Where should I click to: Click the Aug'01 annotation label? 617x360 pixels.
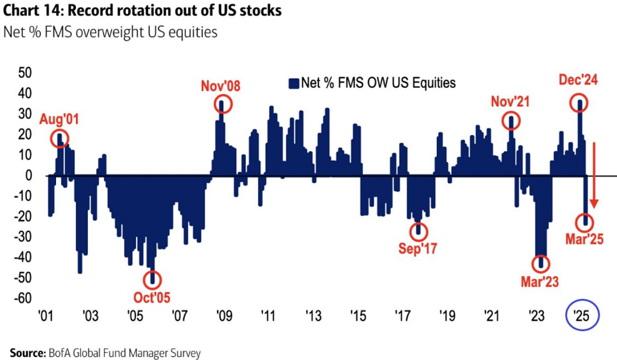click(x=60, y=118)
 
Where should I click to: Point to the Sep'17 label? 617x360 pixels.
click(x=418, y=249)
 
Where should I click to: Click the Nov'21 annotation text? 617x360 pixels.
click(x=510, y=102)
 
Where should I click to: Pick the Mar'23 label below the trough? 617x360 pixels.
click(x=540, y=282)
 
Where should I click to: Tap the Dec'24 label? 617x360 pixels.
click(x=579, y=82)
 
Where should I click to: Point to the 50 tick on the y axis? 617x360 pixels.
click(x=26, y=73)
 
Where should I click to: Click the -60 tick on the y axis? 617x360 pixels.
click(x=23, y=298)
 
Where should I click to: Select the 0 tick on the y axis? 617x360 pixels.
click(x=29, y=176)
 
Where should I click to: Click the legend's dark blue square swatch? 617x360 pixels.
click(x=293, y=82)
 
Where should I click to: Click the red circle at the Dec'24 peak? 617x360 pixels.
click(x=580, y=104)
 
